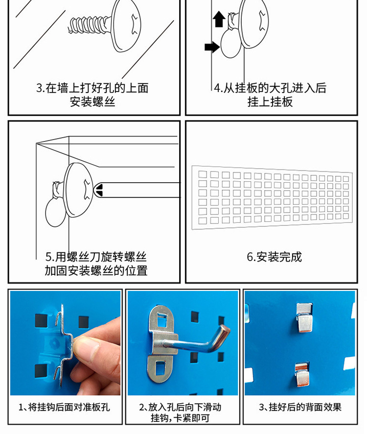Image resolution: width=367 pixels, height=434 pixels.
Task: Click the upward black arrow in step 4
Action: pos(219,19)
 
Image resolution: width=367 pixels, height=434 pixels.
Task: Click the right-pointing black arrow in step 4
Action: pos(212,47)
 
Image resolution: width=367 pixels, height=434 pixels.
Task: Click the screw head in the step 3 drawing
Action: pos(126,25)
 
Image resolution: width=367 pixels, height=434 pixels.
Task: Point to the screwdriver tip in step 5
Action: pos(99,190)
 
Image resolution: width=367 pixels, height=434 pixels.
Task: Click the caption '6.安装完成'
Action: pos(274,257)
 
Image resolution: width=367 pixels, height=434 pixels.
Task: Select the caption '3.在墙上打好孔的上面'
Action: pos(92,88)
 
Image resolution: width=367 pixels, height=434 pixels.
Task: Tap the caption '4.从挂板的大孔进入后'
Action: pos(270,88)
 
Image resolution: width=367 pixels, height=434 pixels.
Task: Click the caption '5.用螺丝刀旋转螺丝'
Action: pos(96,257)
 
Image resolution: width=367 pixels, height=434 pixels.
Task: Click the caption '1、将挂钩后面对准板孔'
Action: pos(64,407)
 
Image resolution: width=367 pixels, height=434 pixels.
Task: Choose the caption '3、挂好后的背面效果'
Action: pos(300,407)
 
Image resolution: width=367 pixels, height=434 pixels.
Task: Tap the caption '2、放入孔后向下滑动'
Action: pos(181,407)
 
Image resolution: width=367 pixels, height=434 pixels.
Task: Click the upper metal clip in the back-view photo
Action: pos(304,318)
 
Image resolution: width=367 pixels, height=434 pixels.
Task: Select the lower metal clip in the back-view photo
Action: pos(302,375)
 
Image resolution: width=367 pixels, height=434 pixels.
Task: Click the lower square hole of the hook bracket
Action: pos(161,368)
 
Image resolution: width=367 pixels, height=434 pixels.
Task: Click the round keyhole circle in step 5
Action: pos(56,212)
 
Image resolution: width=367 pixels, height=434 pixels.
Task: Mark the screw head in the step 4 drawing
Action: pos(253,24)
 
